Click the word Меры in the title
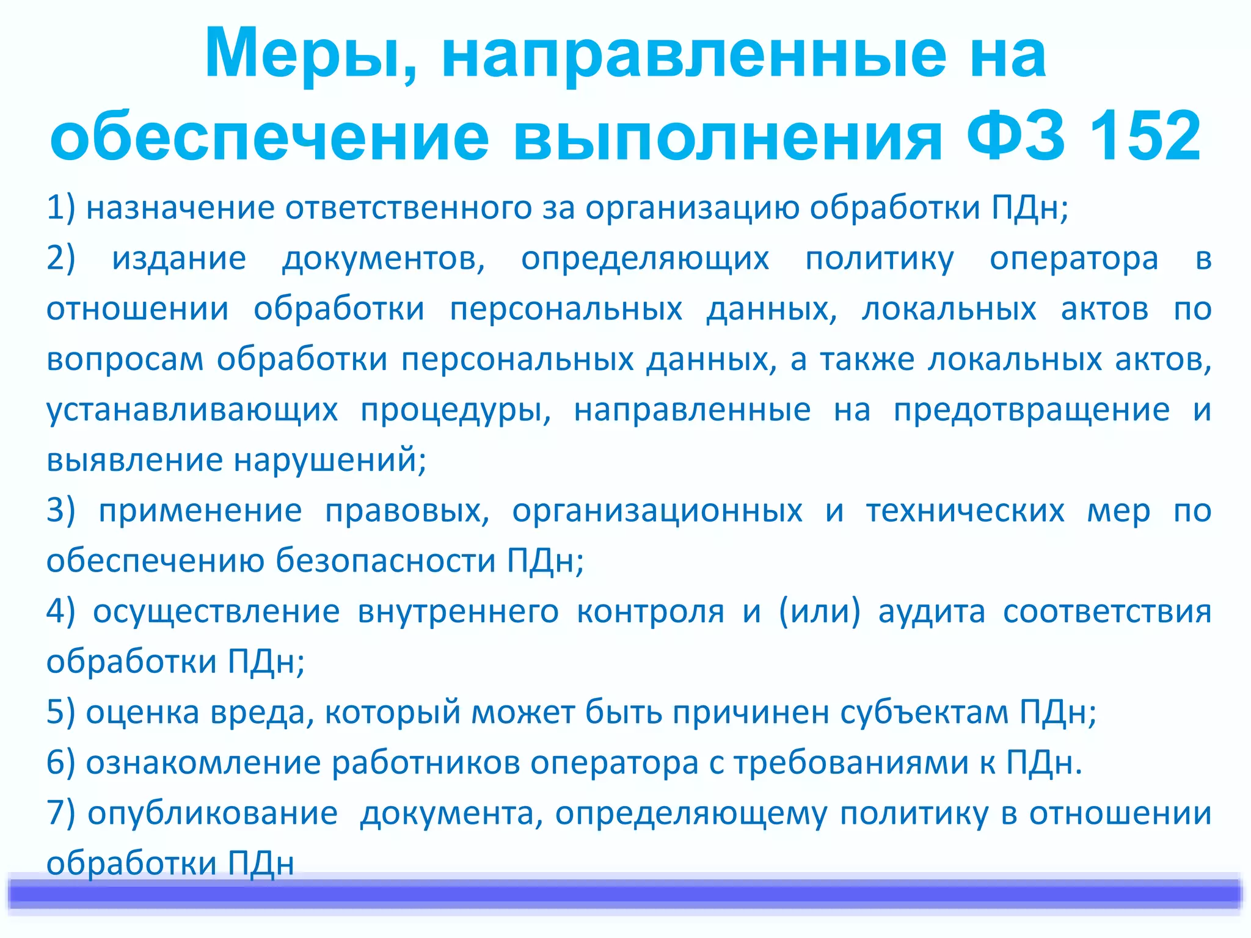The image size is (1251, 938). [304, 55]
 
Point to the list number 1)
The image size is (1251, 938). [61, 208]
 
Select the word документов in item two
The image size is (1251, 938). [383, 259]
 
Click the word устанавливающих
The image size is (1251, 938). [192, 410]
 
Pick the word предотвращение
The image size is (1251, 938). [1031, 410]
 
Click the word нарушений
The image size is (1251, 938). [330, 460]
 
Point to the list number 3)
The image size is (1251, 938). [61, 511]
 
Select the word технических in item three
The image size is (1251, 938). [965, 511]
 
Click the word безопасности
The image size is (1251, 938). [385, 561]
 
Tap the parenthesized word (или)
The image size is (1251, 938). [819, 611]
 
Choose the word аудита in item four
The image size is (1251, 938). [932, 612]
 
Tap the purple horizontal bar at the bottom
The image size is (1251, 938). [625, 893]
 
